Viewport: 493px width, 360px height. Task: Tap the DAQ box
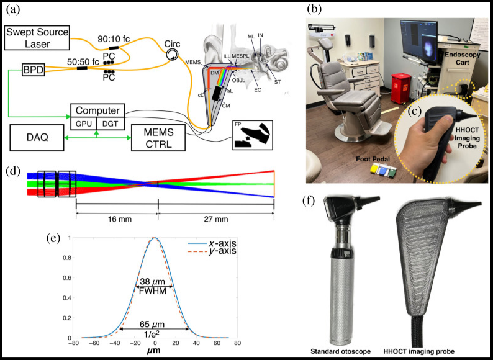[38, 137]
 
